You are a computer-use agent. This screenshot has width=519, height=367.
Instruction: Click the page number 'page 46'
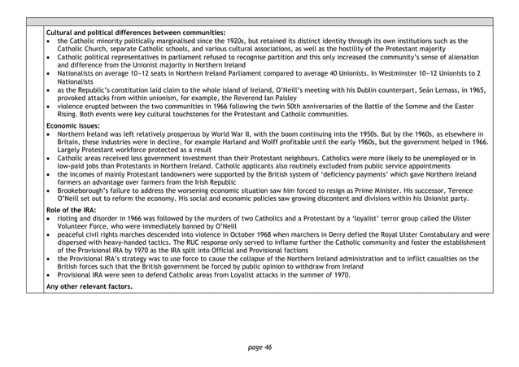(x=259, y=347)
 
